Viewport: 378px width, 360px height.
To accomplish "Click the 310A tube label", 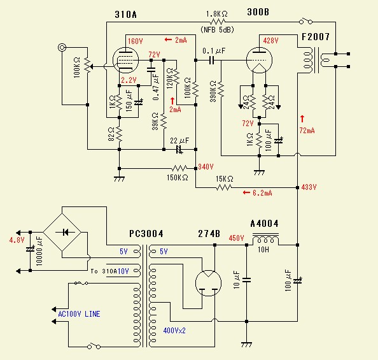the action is click(125, 15).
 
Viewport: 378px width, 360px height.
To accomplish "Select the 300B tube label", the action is click(258, 12).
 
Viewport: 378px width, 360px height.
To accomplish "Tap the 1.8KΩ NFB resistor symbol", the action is click(218, 22).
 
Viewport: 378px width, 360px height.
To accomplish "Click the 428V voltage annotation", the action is click(270, 41).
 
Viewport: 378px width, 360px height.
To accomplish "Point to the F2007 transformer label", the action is click(316, 37).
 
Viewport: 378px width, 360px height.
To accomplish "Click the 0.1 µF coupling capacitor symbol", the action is click(212, 60).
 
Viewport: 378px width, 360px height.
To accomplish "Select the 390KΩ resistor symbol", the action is click(221, 89).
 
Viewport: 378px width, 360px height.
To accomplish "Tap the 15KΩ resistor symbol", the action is click(224, 187).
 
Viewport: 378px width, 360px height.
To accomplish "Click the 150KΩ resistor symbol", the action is click(179, 168).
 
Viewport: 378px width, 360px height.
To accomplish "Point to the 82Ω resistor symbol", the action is click(119, 134).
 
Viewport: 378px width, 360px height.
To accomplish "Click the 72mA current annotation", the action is click(307, 131).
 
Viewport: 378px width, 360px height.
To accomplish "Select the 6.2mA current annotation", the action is click(262, 193).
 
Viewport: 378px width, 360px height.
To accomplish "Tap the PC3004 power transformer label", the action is click(146, 234).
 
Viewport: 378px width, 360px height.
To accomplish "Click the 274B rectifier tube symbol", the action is click(208, 283).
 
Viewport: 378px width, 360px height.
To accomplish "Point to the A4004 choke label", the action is click(265, 224).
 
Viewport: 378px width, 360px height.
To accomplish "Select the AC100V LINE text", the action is click(79, 314).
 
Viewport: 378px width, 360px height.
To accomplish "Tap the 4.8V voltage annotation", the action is click(17, 240).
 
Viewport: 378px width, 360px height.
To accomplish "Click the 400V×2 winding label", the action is click(174, 330).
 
